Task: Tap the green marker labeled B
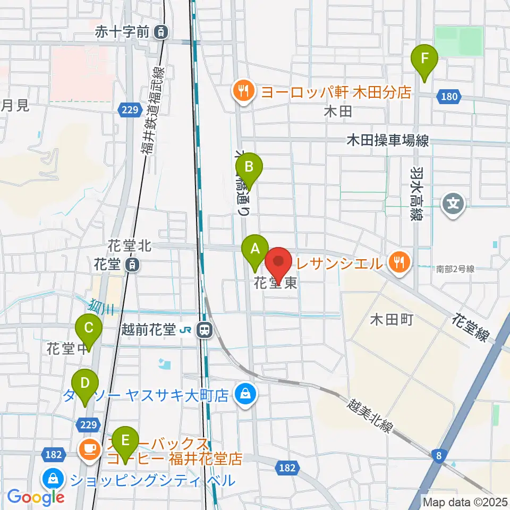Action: coord(249,167)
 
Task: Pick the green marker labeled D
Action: coord(86,383)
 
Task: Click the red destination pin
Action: coord(279,262)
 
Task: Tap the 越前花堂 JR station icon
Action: coord(203,330)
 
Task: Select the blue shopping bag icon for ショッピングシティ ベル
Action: coord(54,480)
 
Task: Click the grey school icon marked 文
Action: coord(455,203)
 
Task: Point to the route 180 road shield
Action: coord(449,96)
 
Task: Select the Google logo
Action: coord(36,497)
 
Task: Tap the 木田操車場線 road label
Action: coord(387,140)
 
